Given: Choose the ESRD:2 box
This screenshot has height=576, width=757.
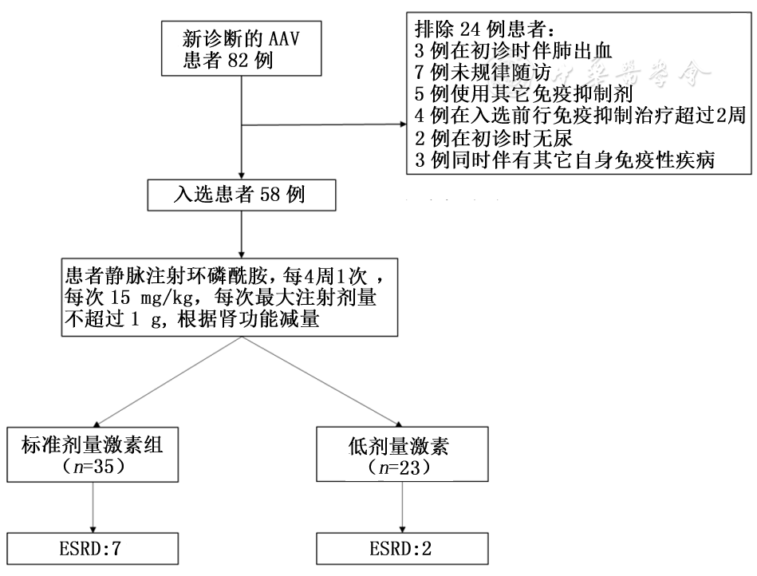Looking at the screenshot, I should click(x=401, y=549).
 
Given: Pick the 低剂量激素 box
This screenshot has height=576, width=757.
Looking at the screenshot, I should click(x=401, y=455).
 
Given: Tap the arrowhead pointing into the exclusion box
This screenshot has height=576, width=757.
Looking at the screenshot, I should click(x=401, y=125).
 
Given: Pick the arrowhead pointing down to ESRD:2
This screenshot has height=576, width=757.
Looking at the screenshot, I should click(x=401, y=531).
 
